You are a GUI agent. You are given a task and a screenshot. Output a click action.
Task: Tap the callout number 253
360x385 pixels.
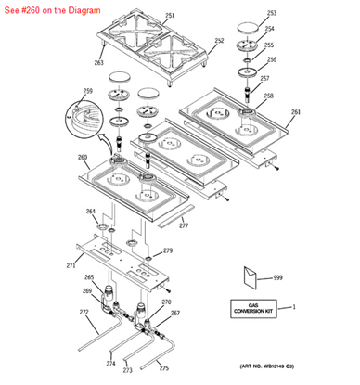click(x=271, y=14)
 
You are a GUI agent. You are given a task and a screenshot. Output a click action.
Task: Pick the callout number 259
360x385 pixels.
click(x=88, y=91)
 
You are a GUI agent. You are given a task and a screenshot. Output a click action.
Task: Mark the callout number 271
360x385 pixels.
click(x=71, y=265)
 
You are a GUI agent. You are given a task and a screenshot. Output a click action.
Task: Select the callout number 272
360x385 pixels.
click(x=84, y=312)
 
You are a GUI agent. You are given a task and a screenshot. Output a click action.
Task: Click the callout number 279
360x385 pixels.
click(x=168, y=250)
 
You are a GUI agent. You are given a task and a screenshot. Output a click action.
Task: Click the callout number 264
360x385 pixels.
click(x=91, y=212)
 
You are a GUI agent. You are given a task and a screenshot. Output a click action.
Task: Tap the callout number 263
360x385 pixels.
click(x=98, y=62)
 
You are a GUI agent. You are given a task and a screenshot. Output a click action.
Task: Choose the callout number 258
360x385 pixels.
click(x=269, y=96)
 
